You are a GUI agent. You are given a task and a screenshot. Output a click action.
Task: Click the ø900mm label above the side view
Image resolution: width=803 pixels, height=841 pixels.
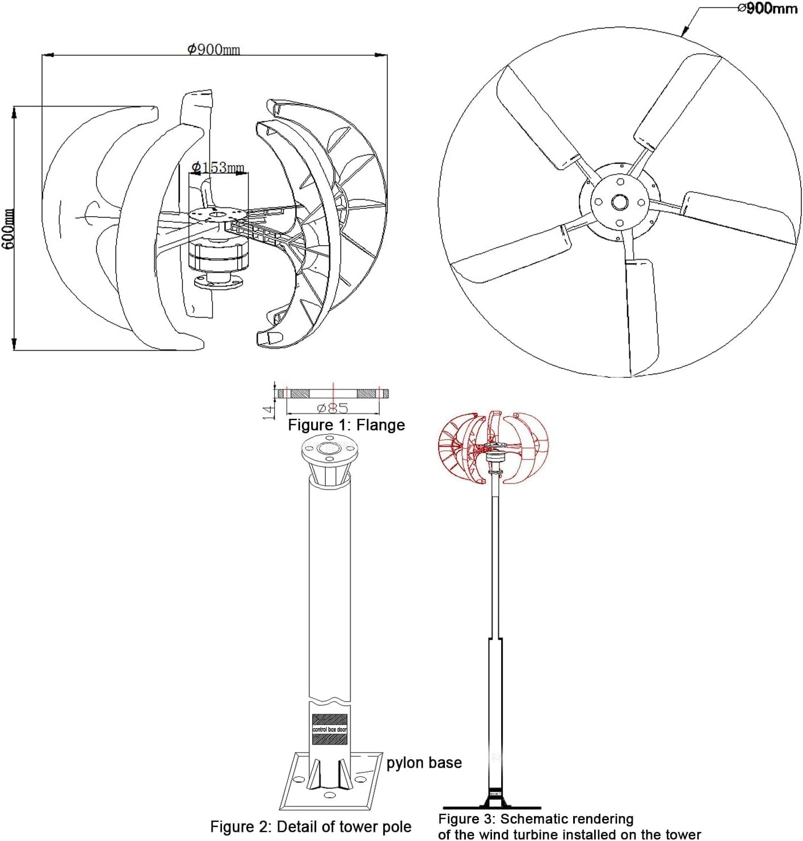point(213,49)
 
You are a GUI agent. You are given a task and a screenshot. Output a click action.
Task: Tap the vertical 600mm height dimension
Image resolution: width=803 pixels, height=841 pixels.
point(8,228)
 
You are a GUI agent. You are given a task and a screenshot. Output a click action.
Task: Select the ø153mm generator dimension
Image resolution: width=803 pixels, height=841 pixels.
point(218,167)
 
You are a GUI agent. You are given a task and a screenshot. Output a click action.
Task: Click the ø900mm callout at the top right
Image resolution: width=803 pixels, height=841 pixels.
point(767,8)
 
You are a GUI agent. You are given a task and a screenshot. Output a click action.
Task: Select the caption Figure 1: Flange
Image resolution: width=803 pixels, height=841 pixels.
point(346,425)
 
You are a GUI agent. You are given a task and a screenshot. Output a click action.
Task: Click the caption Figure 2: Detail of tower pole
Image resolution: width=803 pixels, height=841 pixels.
point(310,827)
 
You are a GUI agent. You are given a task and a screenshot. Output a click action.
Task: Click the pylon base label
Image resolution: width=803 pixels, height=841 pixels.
point(424,763)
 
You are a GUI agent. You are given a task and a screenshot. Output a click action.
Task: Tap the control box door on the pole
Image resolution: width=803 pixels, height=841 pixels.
point(330,729)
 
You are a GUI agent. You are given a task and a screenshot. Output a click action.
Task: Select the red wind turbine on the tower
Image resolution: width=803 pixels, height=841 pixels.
point(494,447)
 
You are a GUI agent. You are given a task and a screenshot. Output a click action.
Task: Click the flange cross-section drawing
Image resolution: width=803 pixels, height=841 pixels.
point(333,393)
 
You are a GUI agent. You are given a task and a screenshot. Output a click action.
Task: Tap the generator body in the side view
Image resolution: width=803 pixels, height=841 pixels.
point(219,255)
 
